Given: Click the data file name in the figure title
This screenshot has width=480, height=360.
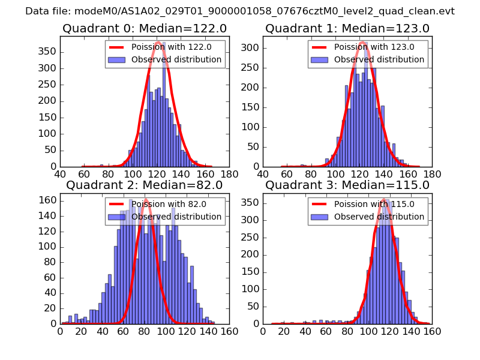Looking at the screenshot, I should (x=240, y=11).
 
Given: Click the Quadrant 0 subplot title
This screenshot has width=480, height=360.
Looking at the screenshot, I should (x=144, y=28).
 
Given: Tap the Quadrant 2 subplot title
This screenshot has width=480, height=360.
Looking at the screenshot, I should (x=144, y=185).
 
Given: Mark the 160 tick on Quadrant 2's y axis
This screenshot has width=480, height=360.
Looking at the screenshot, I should (x=48, y=200).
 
